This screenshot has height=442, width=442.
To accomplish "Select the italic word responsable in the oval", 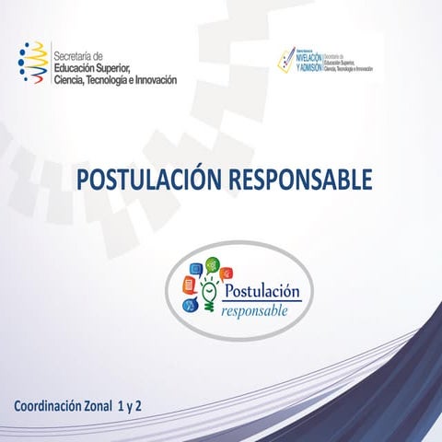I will (254, 311).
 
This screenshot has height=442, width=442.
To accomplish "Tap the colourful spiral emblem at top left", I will (34, 64).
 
